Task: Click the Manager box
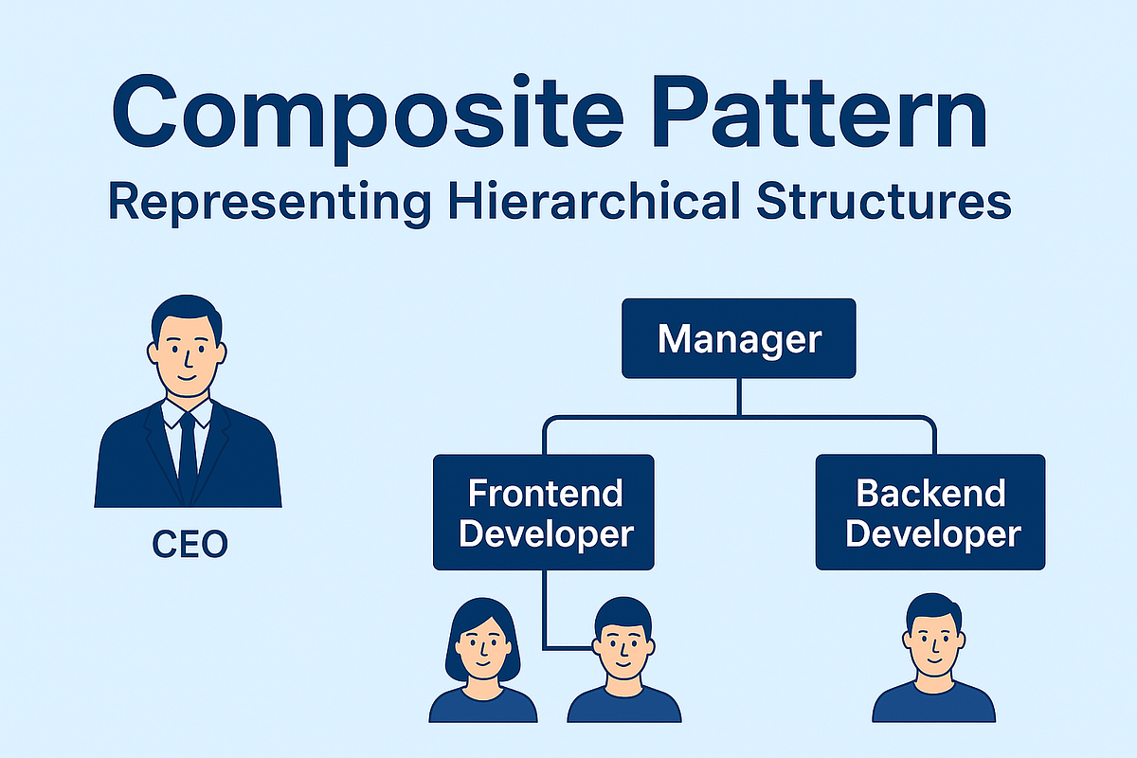click(x=738, y=338)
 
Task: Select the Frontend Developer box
click(x=544, y=513)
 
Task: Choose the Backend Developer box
click(x=930, y=513)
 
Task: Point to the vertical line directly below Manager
click(x=739, y=396)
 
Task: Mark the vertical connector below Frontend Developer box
click(x=545, y=606)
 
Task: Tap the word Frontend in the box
click(x=546, y=494)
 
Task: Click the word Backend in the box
click(x=930, y=494)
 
